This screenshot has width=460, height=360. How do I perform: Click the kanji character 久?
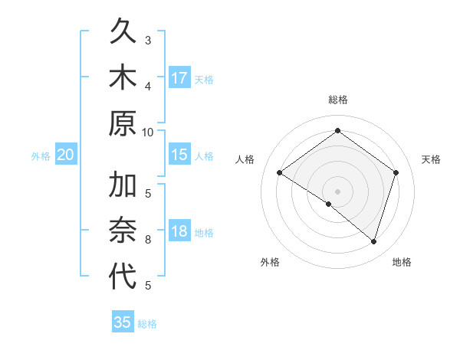pyautogui.click(x=123, y=32)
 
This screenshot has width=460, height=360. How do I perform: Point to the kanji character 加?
pyautogui.click(x=123, y=186)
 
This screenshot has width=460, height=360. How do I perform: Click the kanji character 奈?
pyautogui.click(x=123, y=231)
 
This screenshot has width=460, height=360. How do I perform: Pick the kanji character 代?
pyautogui.click(x=123, y=277)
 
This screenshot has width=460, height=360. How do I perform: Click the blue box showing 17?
pyautogui.click(x=179, y=77)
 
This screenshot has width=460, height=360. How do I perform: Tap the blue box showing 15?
pyautogui.click(x=179, y=155)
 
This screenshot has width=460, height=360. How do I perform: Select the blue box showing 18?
pyautogui.click(x=179, y=231)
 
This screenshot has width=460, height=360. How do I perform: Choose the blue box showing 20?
pyautogui.click(x=66, y=155)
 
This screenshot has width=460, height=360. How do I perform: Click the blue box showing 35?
pyautogui.click(x=123, y=322)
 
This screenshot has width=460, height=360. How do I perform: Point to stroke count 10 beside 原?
pyautogui.click(x=147, y=131)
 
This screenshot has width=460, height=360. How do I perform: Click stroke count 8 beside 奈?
pyautogui.click(x=148, y=240)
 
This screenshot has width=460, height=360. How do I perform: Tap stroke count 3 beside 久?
pyautogui.click(x=148, y=40)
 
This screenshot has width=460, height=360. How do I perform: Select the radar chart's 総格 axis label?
pyautogui.click(x=337, y=100)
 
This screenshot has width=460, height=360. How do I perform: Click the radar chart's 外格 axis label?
pyautogui.click(x=270, y=262)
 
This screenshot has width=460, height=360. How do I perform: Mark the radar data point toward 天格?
pyautogui.click(x=396, y=172)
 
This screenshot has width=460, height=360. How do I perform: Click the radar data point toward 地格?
pyautogui.click(x=373, y=241)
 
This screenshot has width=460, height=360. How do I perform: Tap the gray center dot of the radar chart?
pyautogui.click(x=337, y=191)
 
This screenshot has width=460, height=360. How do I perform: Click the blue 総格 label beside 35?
pyautogui.click(x=147, y=324)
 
